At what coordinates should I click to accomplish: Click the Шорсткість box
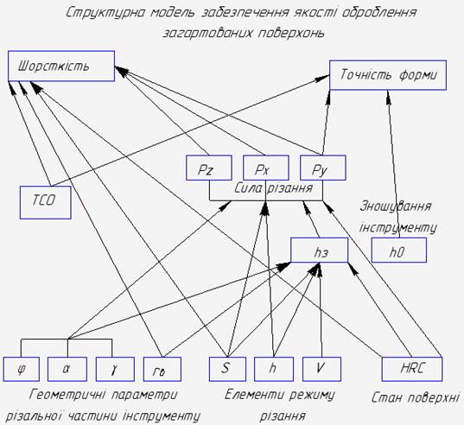(61, 66)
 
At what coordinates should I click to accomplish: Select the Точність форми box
(388, 75)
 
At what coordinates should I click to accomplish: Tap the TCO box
(46, 202)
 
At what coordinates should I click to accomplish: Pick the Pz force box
(209, 168)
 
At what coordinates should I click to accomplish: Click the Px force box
(266, 168)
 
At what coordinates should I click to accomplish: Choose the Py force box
(323, 168)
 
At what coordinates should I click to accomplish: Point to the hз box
(320, 250)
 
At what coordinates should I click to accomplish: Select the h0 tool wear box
(399, 250)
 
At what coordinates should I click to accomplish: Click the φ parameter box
(22, 369)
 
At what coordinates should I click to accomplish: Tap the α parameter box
(67, 369)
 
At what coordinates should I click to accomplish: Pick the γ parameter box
(115, 369)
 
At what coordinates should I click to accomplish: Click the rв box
(162, 369)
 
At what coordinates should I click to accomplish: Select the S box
(227, 369)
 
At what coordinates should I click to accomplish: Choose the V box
(321, 369)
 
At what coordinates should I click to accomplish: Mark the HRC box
(412, 369)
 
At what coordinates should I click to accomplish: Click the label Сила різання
(274, 188)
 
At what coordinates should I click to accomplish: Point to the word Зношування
(396, 206)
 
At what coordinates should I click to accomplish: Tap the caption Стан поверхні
(416, 397)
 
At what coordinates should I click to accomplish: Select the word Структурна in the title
(105, 13)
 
